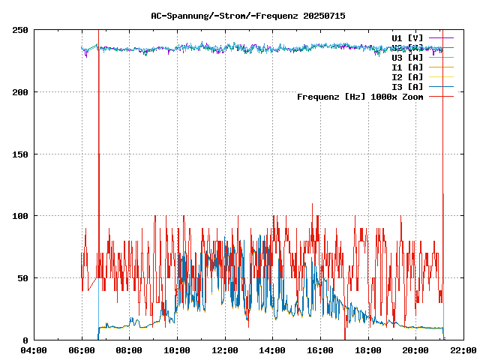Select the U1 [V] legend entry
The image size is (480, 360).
point(407,37)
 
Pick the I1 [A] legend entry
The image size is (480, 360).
point(407,67)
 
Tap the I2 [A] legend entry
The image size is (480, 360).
point(407,76)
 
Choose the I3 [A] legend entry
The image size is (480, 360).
point(407,86)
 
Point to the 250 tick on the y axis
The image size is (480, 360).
point(20,30)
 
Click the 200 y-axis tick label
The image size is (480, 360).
point(20,92)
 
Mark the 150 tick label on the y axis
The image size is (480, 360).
point(20,154)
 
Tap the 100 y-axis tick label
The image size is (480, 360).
point(20,216)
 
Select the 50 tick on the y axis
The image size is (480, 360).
point(22,278)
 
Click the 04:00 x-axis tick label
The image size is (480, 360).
point(34,350)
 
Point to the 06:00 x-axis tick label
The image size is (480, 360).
point(82,350)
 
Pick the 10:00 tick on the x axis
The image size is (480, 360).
point(177,350)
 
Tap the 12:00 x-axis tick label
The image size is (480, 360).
point(225,350)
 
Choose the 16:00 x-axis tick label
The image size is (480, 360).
point(320,350)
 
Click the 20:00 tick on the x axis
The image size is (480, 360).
point(415,350)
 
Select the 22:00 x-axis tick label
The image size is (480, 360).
point(463,350)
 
